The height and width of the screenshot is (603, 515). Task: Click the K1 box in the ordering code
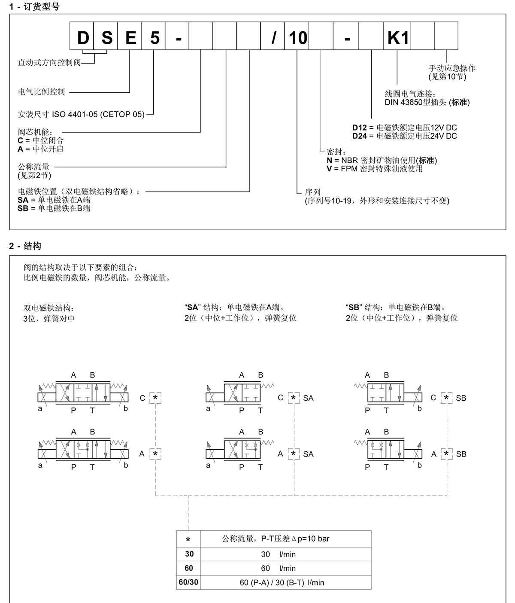(x=397, y=36)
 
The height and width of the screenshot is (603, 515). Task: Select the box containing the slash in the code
(x=272, y=36)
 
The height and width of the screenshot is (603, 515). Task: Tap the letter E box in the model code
(x=130, y=36)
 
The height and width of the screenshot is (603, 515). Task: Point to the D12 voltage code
(x=359, y=128)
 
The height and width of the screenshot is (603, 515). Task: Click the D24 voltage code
(x=359, y=136)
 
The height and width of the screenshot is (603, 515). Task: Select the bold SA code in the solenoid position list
(x=23, y=200)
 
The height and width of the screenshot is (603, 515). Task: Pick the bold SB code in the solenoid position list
(x=23, y=208)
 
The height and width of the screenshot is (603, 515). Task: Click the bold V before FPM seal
(x=329, y=169)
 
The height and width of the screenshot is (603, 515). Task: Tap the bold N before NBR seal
(x=329, y=161)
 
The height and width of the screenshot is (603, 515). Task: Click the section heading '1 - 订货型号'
(x=34, y=6)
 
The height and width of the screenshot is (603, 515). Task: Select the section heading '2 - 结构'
(x=25, y=246)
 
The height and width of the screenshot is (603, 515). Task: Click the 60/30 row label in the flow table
(x=188, y=582)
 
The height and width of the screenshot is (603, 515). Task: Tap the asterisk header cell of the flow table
(x=188, y=539)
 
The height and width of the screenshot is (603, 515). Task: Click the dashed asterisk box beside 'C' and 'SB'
(x=446, y=398)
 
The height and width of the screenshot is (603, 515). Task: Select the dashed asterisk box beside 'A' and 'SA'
(x=294, y=454)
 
